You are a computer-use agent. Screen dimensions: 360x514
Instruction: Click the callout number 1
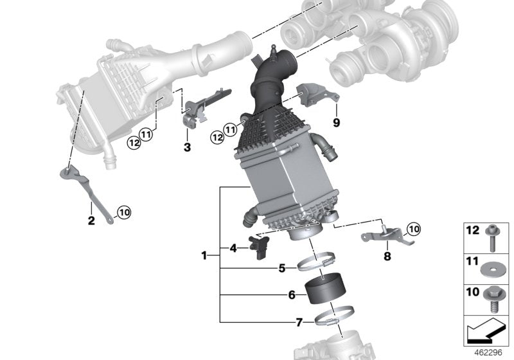pos(204,255)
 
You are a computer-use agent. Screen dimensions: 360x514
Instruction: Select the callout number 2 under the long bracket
pos(91,221)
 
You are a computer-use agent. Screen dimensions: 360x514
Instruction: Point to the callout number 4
pos(233,247)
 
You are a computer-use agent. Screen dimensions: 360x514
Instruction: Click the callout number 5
pos(282,268)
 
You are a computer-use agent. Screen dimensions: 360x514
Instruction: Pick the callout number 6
pos(291,295)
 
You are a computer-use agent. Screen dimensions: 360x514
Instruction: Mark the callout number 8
pos(387,256)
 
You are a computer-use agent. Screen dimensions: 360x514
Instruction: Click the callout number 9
pos(335,122)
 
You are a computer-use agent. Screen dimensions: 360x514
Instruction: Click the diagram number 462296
pos(488,353)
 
